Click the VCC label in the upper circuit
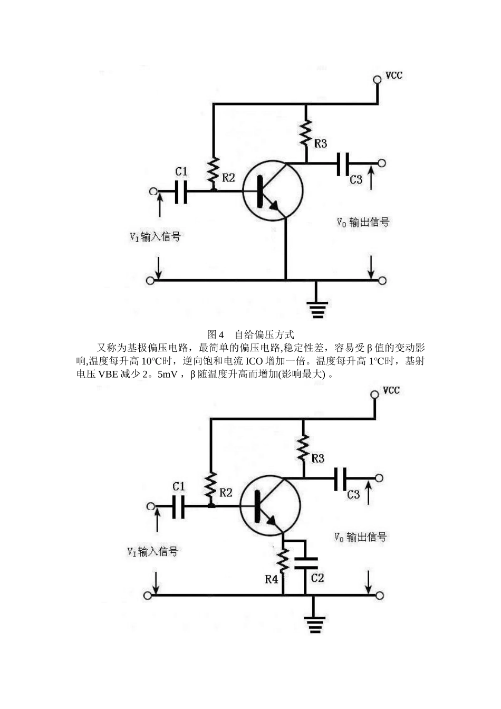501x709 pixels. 394,75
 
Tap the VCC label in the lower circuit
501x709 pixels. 391,390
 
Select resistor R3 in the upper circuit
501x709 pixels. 306,133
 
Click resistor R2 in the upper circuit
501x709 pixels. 214,169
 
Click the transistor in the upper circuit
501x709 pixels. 273,190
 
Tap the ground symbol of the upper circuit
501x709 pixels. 316,309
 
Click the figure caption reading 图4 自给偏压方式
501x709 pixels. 250,334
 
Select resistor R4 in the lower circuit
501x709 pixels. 283,562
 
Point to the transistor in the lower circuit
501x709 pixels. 269,505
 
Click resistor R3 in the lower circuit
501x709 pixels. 303,448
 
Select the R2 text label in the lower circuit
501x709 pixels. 226,493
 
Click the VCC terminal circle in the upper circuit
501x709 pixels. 377,80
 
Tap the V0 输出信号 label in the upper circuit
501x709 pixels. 363,222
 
